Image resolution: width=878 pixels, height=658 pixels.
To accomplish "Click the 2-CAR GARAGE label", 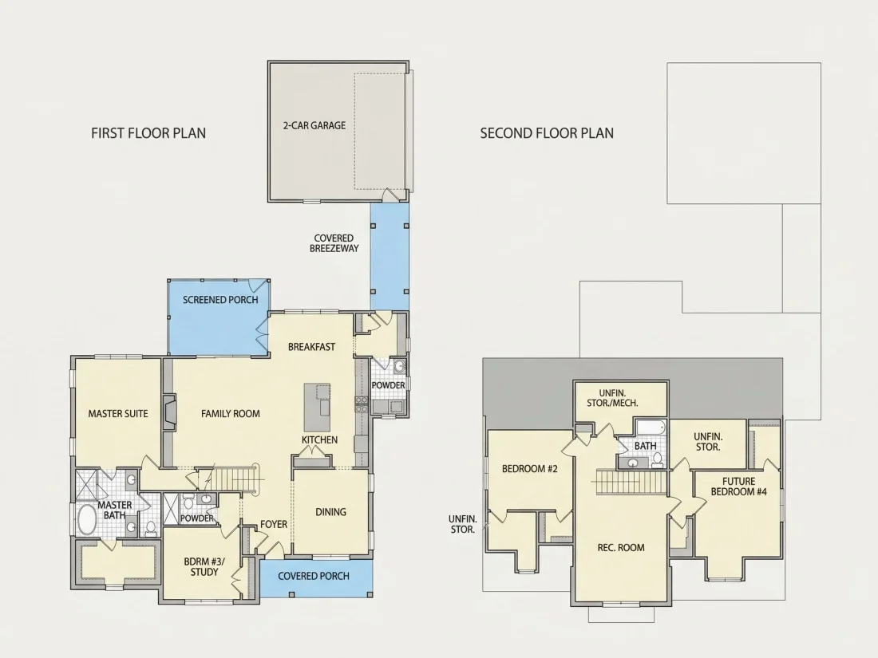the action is pyautogui.click(x=314, y=125).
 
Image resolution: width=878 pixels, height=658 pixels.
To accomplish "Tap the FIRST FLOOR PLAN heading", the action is pyautogui.click(x=148, y=133).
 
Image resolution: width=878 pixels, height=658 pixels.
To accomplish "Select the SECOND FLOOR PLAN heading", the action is pyautogui.click(x=547, y=133).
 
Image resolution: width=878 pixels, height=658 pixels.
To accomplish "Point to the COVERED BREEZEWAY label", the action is pyautogui.click(x=334, y=243).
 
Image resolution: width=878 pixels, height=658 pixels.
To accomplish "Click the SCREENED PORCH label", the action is pyautogui.click(x=220, y=300).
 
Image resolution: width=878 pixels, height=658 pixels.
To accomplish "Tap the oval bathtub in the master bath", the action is pyautogui.click(x=87, y=520).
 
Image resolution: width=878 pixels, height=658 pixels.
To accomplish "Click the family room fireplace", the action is pyautogui.click(x=170, y=413).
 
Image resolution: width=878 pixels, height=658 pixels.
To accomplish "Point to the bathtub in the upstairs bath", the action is pyautogui.click(x=650, y=428).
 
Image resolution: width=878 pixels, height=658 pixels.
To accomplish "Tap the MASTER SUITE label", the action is pyautogui.click(x=118, y=414).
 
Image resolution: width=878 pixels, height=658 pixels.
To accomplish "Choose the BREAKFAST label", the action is pyautogui.click(x=311, y=347).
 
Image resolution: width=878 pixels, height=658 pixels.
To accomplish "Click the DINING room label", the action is pyautogui.click(x=330, y=512).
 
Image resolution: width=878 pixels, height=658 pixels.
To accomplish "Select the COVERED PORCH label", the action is pyautogui.click(x=314, y=577).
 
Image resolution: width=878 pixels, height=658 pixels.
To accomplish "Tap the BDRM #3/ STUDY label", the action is pyautogui.click(x=204, y=567).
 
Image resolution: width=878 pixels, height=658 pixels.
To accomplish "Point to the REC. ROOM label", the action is pyautogui.click(x=621, y=548).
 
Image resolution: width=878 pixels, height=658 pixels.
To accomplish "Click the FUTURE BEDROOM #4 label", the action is pyautogui.click(x=738, y=487).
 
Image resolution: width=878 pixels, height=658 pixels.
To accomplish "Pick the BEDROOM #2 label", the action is pyautogui.click(x=530, y=469).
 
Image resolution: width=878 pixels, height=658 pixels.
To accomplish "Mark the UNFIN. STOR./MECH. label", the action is pyautogui.click(x=612, y=398).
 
